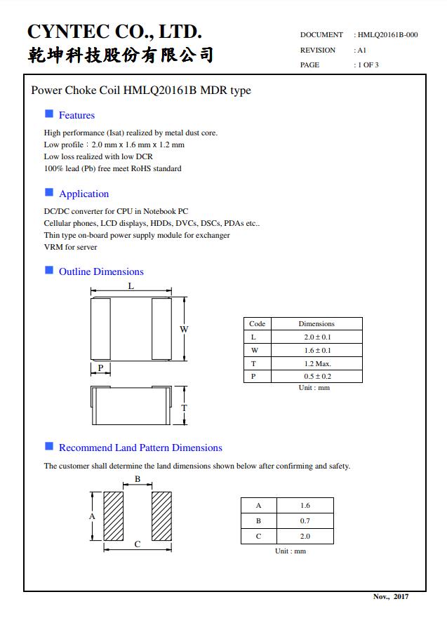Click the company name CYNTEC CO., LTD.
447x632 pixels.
pos(114,32)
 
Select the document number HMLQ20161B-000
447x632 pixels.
pos(388,34)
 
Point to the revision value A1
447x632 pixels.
pos(362,50)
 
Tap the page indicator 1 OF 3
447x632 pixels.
pos(368,65)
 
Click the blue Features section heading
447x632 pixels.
pos(76,115)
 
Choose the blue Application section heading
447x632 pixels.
pos(84,194)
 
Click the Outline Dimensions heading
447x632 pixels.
pos(101,271)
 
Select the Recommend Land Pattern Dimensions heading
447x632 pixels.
pos(140,448)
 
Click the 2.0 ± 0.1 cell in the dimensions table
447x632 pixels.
pos(316,337)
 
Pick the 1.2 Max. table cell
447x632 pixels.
pos(316,363)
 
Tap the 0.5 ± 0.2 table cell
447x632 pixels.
pos(316,377)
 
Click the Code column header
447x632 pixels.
pos(257,324)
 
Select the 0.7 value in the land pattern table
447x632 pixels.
pos(305,520)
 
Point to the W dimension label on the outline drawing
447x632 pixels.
pos(185,329)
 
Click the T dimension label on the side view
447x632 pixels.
pos(185,408)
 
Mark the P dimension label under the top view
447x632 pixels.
pos(100,368)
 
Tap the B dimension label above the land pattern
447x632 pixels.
pos(138,480)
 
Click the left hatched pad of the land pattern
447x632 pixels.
pos(114,516)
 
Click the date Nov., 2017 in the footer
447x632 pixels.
pos(390,596)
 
